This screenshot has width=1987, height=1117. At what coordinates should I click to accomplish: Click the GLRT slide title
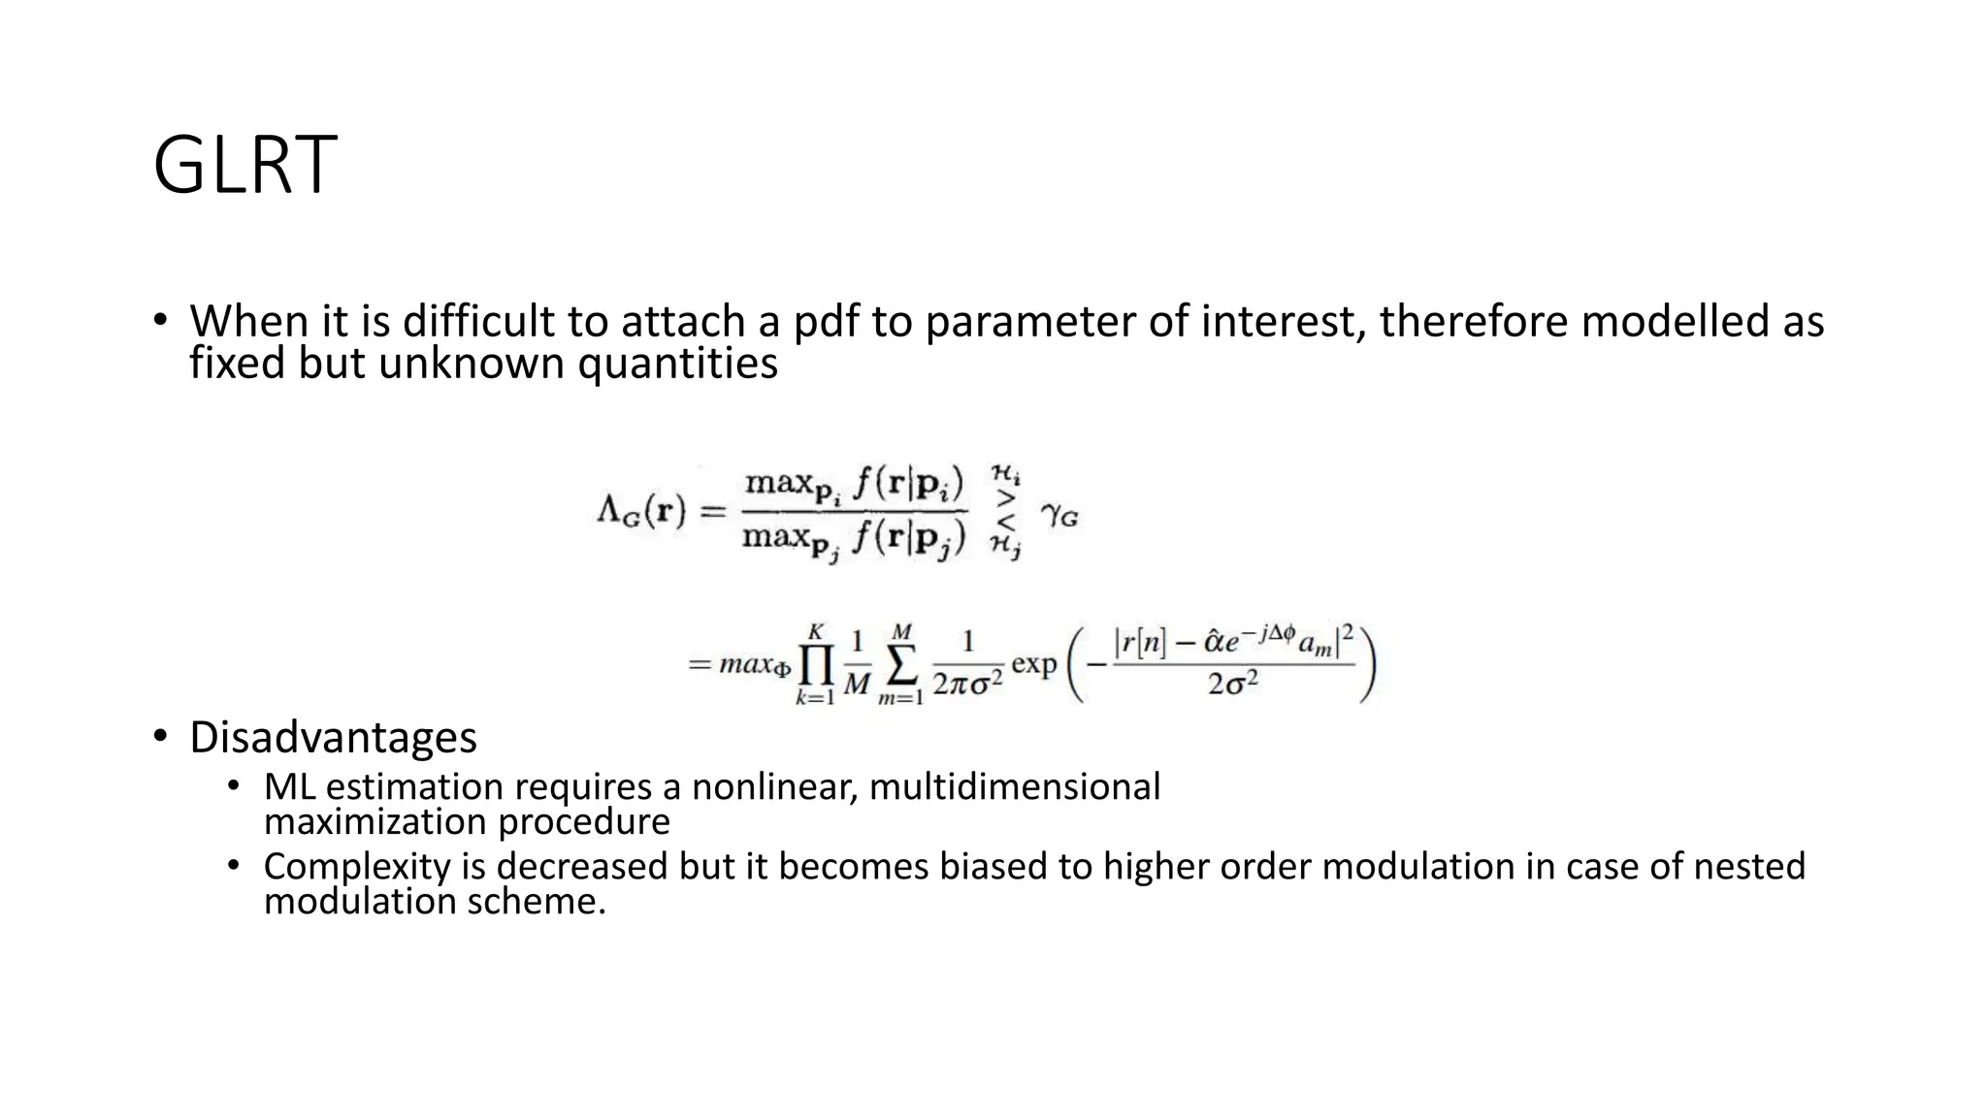244,166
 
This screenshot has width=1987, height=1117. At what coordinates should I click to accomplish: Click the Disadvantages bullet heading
333,737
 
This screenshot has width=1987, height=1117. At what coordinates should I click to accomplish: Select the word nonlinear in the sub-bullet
773,786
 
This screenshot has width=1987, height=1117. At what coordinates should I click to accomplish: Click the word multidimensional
1014,786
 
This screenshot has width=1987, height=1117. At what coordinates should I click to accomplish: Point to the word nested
1749,866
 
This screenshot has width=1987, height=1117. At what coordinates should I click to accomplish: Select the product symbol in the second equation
815,664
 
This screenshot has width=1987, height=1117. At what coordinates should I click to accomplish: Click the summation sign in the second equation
901,664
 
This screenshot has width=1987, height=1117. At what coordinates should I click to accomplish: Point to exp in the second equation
1033,665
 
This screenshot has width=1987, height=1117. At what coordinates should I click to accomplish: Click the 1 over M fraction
856,664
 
